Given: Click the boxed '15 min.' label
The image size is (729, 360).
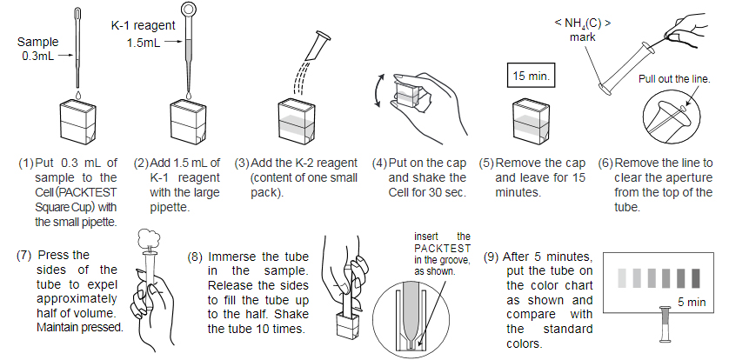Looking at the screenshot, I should (531, 76).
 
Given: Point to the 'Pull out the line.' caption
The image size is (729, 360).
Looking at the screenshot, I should (674, 78).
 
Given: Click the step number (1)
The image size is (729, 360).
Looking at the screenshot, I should (26, 163).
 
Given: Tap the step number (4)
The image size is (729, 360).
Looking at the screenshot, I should (379, 163).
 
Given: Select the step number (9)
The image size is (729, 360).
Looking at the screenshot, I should (492, 258).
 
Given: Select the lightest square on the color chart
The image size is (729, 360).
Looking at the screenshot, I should (621, 277).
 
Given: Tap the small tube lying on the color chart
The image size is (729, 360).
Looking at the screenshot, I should (669, 326).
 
